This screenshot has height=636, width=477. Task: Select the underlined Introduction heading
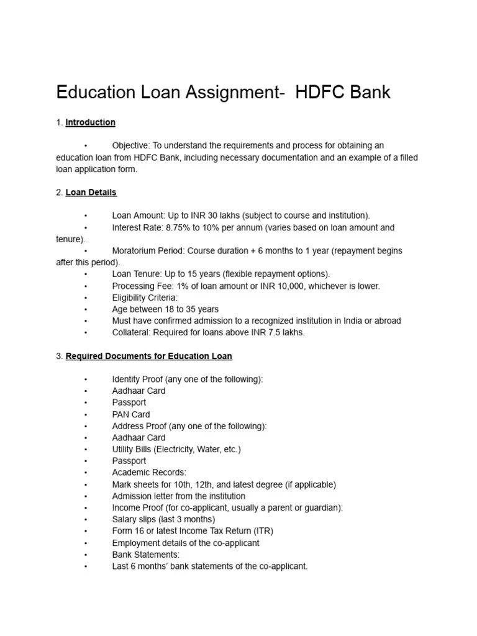coord(91,122)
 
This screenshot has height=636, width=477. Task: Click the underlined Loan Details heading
coord(91,193)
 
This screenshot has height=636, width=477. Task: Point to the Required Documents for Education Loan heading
coord(149,356)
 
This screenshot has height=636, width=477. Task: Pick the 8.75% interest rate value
coord(179,227)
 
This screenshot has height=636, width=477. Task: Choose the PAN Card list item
coord(131,414)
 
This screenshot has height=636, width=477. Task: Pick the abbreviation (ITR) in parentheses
coord(261,531)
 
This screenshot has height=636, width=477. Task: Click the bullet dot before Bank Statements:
coord(86,555)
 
